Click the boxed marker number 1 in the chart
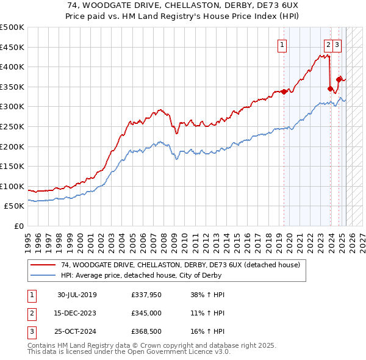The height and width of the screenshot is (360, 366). [x=282, y=43]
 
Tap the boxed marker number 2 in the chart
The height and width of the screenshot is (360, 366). [x=328, y=43]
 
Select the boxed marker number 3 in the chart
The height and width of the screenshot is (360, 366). [x=337, y=43]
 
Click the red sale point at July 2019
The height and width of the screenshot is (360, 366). [x=284, y=92]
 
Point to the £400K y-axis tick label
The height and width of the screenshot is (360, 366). [x=13, y=67]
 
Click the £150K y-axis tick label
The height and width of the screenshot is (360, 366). [x=13, y=166]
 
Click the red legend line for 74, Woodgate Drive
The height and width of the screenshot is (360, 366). [x=44, y=265]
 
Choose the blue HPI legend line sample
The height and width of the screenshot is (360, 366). [x=44, y=275]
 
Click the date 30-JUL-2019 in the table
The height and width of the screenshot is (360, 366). [x=77, y=295]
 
